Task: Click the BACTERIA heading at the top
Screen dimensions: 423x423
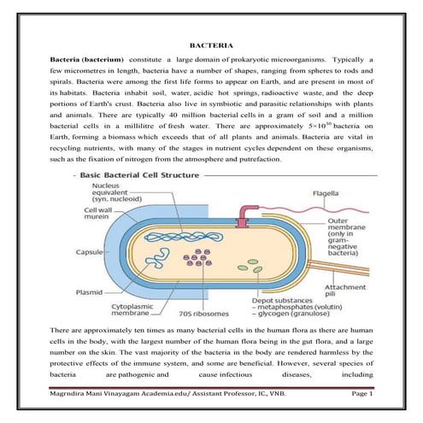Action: (211, 44)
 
